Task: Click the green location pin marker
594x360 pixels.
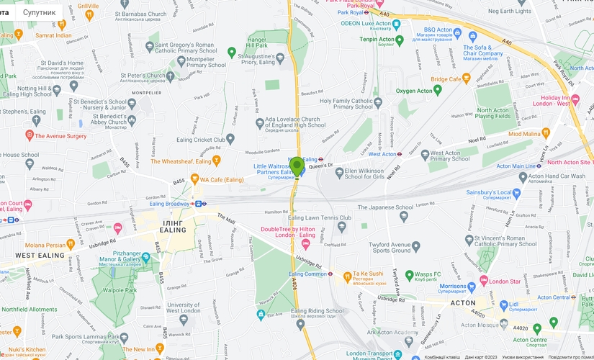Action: (x=296, y=167)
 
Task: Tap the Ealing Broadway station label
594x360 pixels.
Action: (x=168, y=204)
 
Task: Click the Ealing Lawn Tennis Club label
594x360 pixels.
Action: (x=320, y=217)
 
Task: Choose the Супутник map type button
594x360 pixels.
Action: (x=39, y=12)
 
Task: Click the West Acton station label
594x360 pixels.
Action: (x=382, y=154)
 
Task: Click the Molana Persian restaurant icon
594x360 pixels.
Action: (x=70, y=245)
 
